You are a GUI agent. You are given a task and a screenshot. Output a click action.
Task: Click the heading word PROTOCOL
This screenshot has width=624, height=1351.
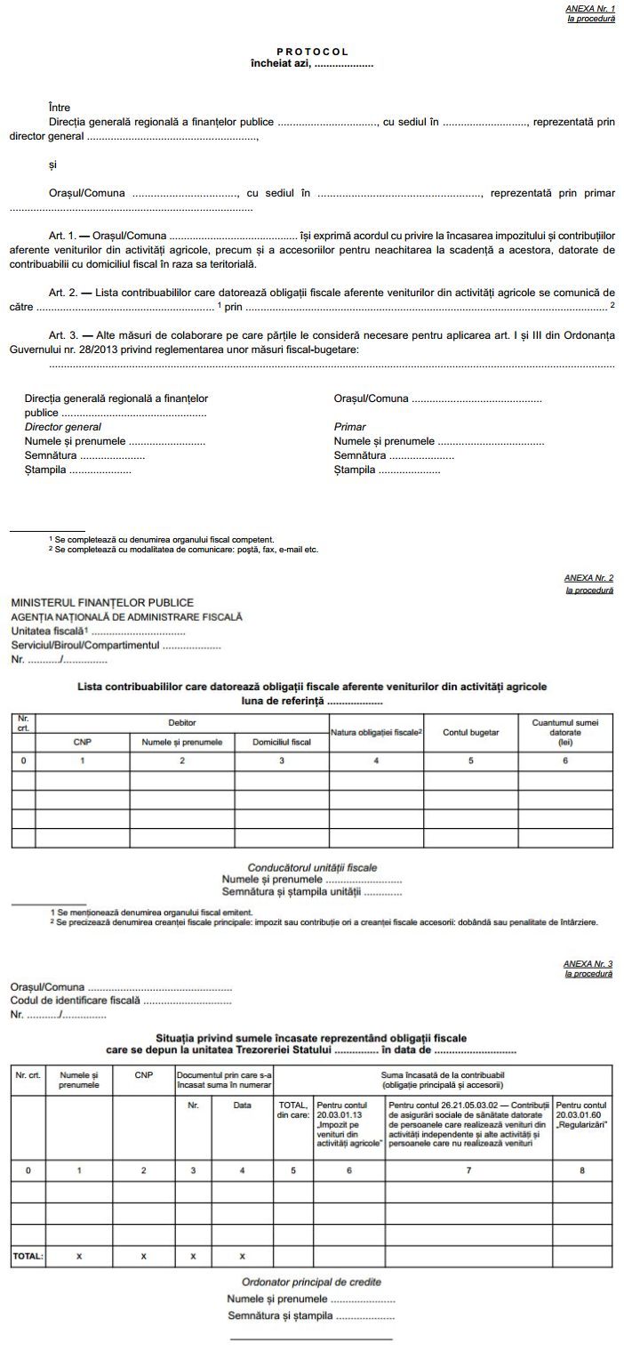click(x=311, y=52)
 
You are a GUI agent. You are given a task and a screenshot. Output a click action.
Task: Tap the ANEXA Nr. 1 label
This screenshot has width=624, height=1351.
click(x=590, y=8)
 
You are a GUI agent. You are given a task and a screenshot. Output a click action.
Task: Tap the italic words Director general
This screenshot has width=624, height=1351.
click(x=62, y=427)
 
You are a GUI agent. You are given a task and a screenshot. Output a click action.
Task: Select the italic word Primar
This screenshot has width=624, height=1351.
click(x=349, y=427)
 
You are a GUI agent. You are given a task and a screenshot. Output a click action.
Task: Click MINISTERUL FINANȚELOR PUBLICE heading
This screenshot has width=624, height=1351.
click(x=102, y=603)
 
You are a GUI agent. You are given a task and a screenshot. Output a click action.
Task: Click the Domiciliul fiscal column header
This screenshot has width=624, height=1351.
click(x=282, y=741)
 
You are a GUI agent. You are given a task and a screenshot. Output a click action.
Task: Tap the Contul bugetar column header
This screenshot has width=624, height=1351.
click(x=470, y=732)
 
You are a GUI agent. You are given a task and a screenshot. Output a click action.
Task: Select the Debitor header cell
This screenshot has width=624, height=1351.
click(x=182, y=722)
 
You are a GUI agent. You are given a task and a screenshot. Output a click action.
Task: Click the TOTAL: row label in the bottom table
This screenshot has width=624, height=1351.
click(x=28, y=1256)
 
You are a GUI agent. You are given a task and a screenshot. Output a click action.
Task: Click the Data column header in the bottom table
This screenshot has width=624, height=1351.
click(x=242, y=1106)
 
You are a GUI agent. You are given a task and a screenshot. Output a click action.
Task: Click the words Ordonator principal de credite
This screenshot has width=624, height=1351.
click(x=311, y=1282)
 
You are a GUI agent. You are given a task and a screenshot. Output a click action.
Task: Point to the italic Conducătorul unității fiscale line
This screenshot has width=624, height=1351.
click(x=312, y=866)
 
